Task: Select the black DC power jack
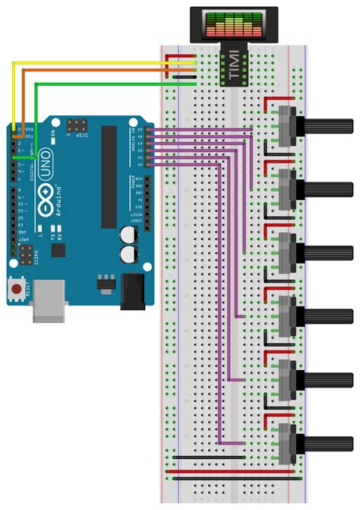[131, 290]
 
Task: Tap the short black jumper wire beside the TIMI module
[185, 77]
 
